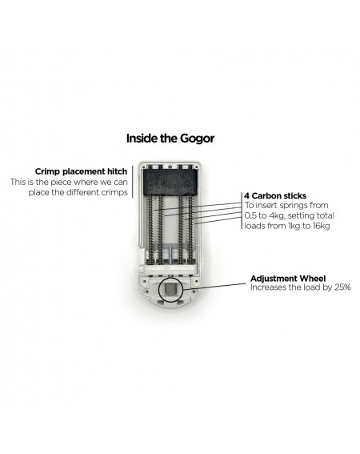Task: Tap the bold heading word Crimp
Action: pyautogui.click(x=47, y=171)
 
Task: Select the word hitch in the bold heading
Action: pyautogui.click(x=118, y=171)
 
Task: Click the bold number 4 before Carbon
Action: pyautogui.click(x=247, y=196)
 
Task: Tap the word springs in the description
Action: pyautogui.click(x=293, y=206)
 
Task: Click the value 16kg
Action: pyautogui.click(x=322, y=226)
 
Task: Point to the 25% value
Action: pyautogui.click(x=342, y=287)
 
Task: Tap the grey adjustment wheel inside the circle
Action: pyautogui.click(x=170, y=289)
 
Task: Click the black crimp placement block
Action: pyautogui.click(x=170, y=181)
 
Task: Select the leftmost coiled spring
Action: pyautogui.click(x=150, y=229)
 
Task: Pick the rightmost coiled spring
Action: pyautogui.click(x=190, y=229)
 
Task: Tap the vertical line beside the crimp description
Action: pyautogui.click(x=133, y=182)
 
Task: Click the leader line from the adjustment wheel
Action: pyautogui.click(x=214, y=287)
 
